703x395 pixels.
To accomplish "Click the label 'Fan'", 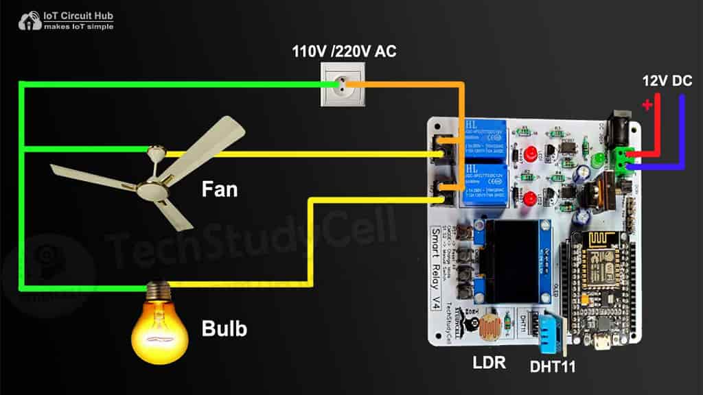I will coord(219,189).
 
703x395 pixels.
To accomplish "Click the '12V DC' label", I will coord(667,80).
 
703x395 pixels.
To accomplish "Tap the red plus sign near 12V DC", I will coord(647,104).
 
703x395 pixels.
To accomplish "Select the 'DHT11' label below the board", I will coord(552,367).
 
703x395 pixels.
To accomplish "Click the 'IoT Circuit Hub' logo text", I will coord(77,13).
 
